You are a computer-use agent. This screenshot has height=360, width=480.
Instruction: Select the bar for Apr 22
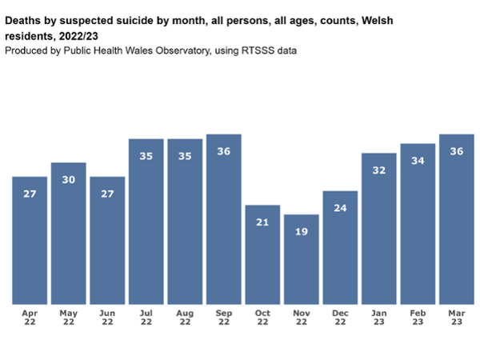click(x=30, y=240)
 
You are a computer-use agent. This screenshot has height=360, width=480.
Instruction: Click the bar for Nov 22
click(x=301, y=259)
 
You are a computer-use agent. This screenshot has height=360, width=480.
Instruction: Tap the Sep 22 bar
click(x=224, y=219)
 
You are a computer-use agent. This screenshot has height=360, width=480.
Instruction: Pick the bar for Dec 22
click(x=340, y=247)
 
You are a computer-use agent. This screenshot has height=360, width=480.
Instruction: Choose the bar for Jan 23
click(x=378, y=228)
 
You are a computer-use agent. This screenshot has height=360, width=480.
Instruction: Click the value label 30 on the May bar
click(x=69, y=179)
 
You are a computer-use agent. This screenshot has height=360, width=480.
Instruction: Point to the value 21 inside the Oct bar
click(x=262, y=222)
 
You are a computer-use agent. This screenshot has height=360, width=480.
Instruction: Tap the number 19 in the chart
click(x=301, y=231)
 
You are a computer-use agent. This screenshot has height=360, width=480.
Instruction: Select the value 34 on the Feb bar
click(x=418, y=161)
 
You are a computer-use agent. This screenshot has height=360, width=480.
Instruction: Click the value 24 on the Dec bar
click(x=340, y=207)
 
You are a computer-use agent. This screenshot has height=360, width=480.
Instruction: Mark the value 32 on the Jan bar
click(x=378, y=170)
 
